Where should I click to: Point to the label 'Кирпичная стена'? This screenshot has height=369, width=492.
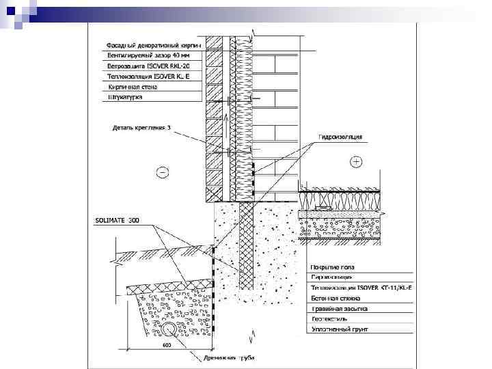pyautogui.click(x=133, y=87)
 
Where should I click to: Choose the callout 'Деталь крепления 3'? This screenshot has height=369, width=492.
pyautogui.click(x=141, y=127)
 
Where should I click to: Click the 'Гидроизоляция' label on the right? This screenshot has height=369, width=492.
pyautogui.click(x=339, y=137)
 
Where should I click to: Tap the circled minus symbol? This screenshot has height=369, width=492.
pyautogui.click(x=162, y=171)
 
